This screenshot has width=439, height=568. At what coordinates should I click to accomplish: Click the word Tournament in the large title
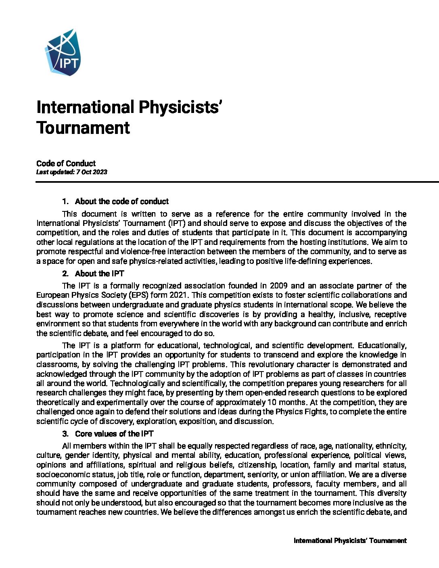pos(83,127)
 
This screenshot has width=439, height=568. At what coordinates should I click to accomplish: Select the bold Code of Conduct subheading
pos(66,163)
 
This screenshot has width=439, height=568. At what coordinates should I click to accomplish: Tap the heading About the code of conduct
pos(121,201)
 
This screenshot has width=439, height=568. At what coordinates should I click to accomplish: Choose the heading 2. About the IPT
pos(93,274)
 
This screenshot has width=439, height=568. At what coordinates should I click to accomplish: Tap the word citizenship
pos(256,465)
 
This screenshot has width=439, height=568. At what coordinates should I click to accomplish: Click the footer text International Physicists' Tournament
pos(350,541)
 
